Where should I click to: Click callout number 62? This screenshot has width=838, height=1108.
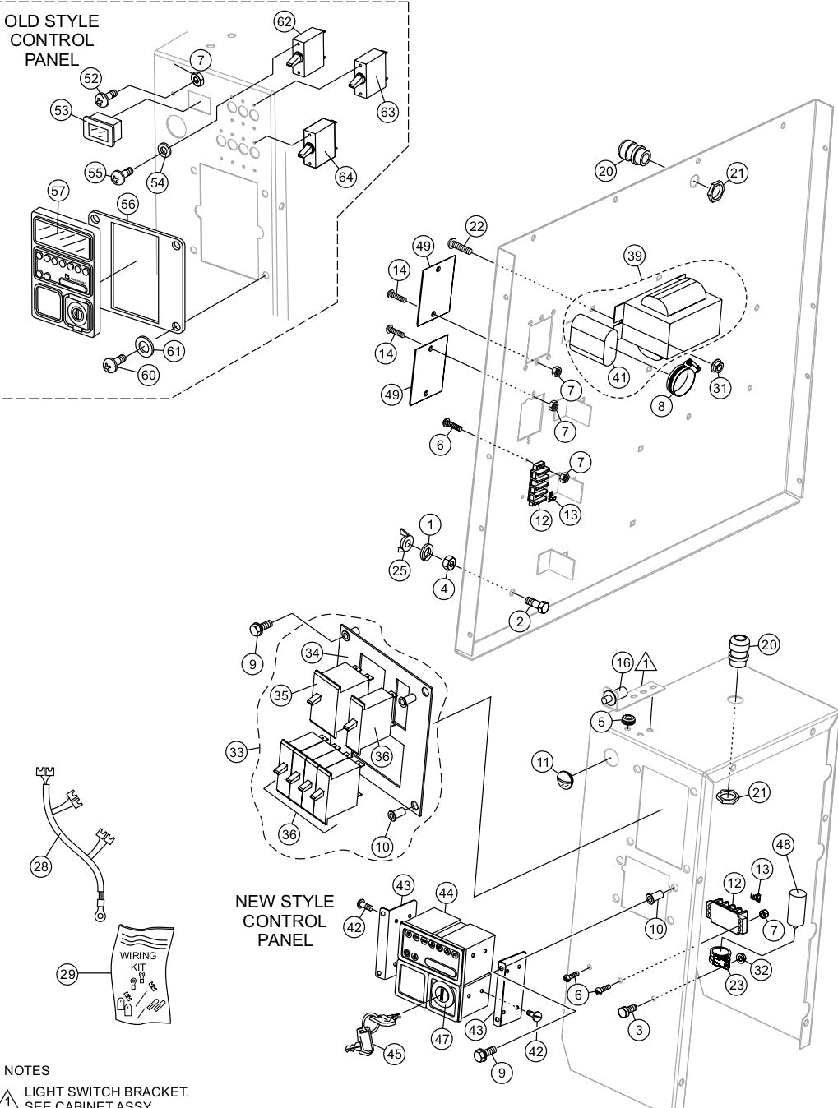point(285,21)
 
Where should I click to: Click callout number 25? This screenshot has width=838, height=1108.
point(399,570)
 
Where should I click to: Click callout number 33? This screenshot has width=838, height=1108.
point(238,751)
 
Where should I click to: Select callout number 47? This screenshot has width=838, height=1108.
point(443,1038)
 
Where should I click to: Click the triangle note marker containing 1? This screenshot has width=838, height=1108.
point(646,661)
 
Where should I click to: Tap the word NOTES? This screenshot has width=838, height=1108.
point(26,1070)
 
